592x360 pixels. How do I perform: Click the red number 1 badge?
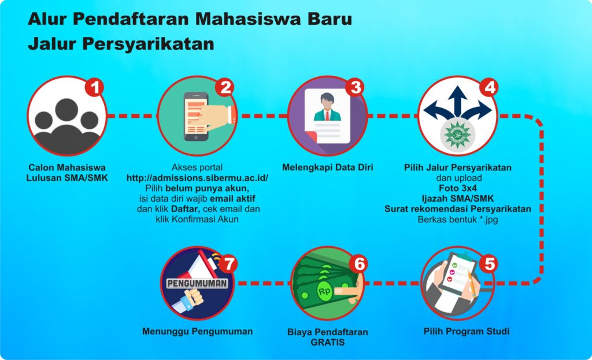[94, 88]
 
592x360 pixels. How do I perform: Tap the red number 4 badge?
[489, 88]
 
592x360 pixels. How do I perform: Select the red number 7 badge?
[228, 263]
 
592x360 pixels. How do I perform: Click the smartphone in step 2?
[195, 117]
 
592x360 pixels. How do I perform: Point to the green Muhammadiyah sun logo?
[458, 133]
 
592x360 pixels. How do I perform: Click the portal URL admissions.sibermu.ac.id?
[197, 178]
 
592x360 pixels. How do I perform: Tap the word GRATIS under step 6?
[327, 342]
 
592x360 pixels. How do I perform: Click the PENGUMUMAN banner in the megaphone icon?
[197, 283]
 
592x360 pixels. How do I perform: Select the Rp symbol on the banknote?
[324, 291]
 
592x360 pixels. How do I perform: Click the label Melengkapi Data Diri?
[327, 167]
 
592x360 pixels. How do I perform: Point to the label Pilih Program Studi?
[467, 331]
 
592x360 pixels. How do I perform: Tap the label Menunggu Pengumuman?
[197, 331]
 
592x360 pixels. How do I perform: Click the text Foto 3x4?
[458, 188]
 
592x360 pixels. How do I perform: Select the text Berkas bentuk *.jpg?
[458, 219]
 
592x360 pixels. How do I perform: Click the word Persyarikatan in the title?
[148, 44]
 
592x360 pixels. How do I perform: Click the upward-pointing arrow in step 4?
[458, 100]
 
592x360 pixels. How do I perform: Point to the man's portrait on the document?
[327, 107]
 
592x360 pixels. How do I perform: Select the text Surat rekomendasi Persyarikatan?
[458, 209]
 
